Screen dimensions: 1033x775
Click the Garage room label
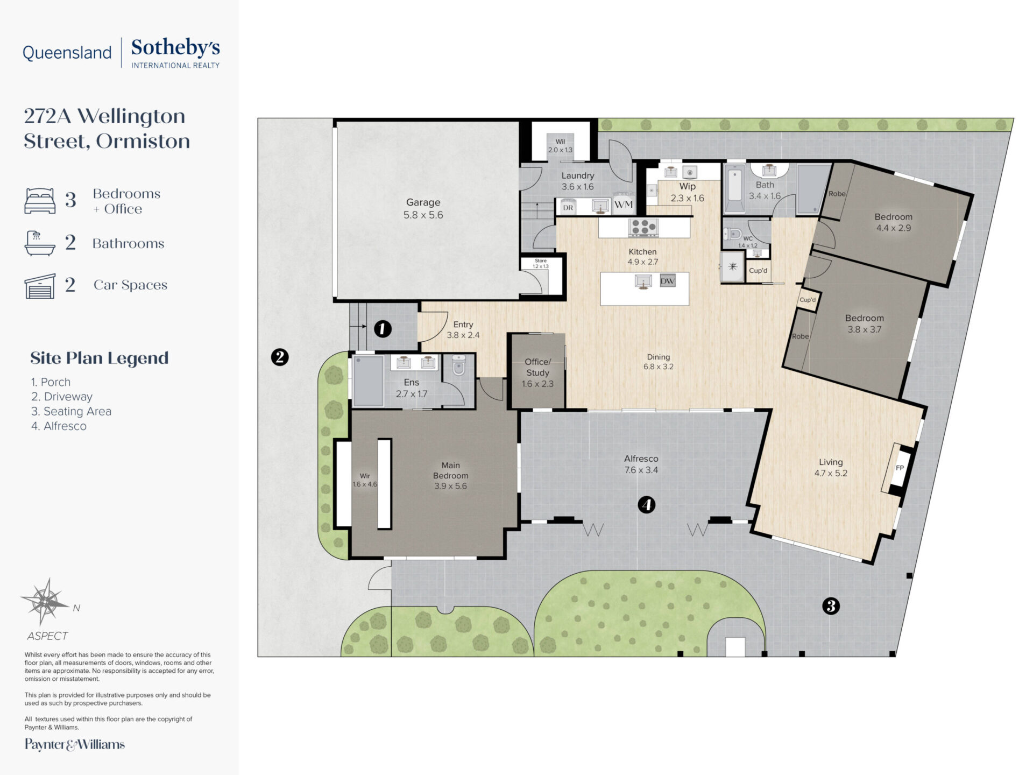[x=423, y=208]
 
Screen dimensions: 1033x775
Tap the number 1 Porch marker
[x=383, y=328]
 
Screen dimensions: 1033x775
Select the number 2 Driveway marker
[x=280, y=357]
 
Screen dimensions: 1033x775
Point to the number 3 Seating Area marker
[x=831, y=607]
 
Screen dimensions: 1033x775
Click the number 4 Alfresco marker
[x=646, y=505]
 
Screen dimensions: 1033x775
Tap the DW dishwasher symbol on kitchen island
[x=667, y=280]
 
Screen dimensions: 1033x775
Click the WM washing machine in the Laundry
[x=623, y=204]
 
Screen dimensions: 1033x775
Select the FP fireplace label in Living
[x=900, y=468]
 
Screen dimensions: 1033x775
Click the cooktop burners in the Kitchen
[x=643, y=227]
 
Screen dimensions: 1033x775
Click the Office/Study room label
[x=537, y=372]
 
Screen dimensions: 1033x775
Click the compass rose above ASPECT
[x=47, y=601]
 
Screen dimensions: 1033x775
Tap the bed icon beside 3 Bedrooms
[x=40, y=201]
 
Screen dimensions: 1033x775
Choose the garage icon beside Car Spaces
[x=40, y=286]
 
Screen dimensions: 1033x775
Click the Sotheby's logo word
[x=175, y=47]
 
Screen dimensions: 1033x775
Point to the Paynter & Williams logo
[x=75, y=744]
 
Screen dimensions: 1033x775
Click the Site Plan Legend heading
[x=100, y=358]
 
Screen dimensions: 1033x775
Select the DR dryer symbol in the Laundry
[x=568, y=207]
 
